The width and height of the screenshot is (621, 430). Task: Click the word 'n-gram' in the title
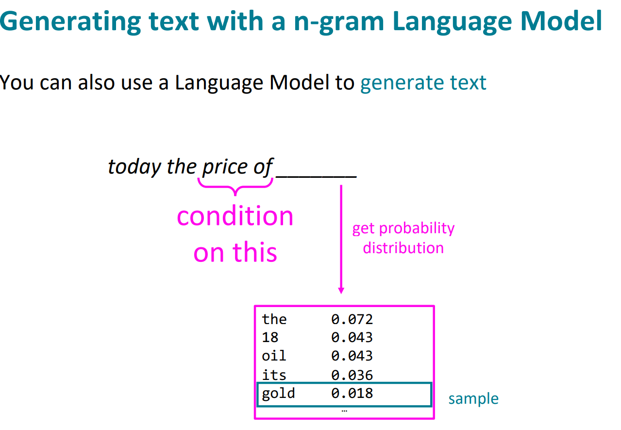[339, 22]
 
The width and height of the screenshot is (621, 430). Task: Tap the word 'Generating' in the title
[71, 22]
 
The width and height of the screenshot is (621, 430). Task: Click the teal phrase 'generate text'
[423, 83]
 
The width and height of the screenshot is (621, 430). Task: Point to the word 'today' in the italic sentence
[134, 167]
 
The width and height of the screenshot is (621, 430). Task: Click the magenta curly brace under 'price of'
[235, 187]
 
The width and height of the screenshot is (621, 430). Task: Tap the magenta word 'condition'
[235, 216]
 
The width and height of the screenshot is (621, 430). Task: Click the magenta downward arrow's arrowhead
[341, 291]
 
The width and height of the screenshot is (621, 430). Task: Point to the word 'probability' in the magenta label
[417, 229]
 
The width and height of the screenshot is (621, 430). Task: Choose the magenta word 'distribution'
[403, 248]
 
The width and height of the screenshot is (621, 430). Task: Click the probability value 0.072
[352, 319]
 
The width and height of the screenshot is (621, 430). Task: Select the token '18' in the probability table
[270, 338]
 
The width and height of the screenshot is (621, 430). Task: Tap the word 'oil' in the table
[274, 356]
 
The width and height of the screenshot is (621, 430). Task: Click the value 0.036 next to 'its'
[352, 376]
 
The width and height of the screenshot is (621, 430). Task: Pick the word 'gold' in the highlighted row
[278, 394]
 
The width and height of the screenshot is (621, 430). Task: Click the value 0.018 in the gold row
[352, 394]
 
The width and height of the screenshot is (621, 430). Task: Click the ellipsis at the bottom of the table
[344, 411]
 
